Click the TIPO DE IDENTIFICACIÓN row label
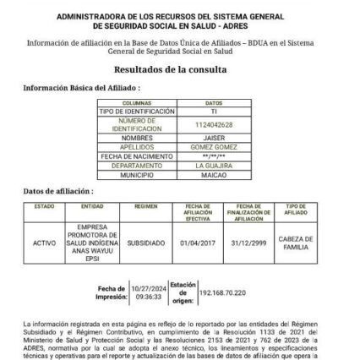(137, 111)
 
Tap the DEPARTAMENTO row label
(137, 166)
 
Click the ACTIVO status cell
(44, 242)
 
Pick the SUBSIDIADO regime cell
(145, 242)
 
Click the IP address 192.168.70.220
(222, 292)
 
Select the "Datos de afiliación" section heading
(57, 192)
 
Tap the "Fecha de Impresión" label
(109, 292)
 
